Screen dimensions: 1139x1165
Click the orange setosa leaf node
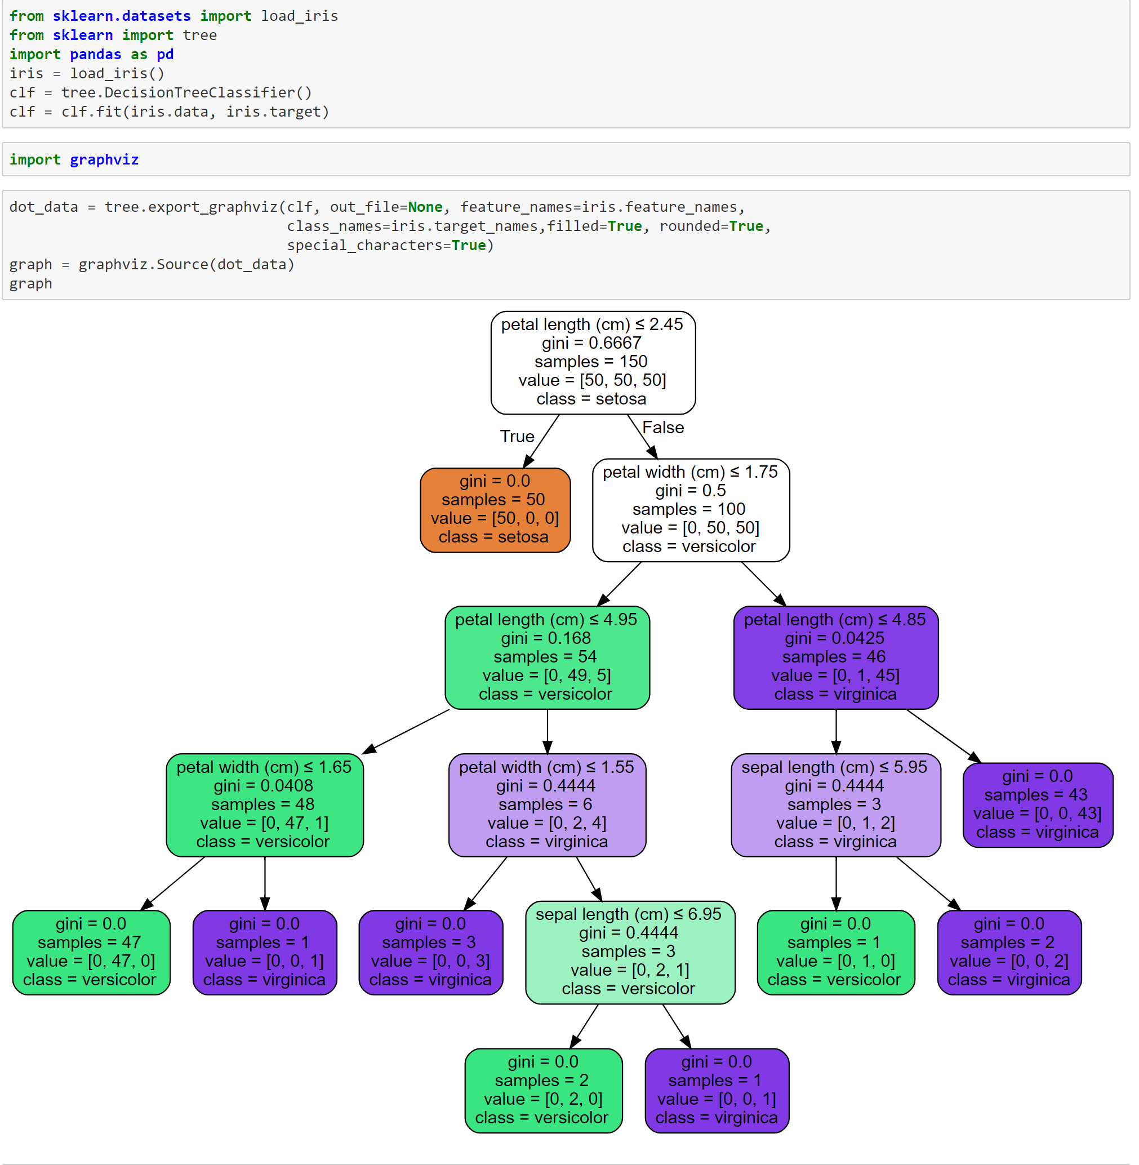click(495, 510)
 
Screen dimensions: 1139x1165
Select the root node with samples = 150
click(593, 362)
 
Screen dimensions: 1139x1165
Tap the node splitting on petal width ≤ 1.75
click(691, 510)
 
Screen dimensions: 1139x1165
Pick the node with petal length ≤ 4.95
click(548, 657)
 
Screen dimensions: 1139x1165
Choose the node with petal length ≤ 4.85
click(836, 657)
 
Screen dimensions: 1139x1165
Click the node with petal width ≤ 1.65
click(265, 805)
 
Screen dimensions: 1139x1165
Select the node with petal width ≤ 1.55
click(548, 805)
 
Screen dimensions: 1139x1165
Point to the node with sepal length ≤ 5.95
click(836, 805)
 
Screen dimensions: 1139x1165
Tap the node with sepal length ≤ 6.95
click(630, 952)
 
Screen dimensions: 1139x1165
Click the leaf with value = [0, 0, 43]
click(1038, 805)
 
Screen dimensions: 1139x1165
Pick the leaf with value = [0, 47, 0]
click(91, 952)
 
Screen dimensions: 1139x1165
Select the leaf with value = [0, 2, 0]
click(544, 1090)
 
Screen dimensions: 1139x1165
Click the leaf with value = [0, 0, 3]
click(431, 952)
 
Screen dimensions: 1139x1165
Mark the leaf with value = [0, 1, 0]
click(836, 952)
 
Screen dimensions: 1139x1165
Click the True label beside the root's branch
click(518, 436)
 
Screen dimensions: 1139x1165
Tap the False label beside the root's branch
click(663, 427)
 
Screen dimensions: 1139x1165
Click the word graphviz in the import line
click(104, 160)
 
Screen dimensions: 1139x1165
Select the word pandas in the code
click(96, 55)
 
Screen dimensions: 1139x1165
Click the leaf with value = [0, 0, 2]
click(1009, 952)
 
